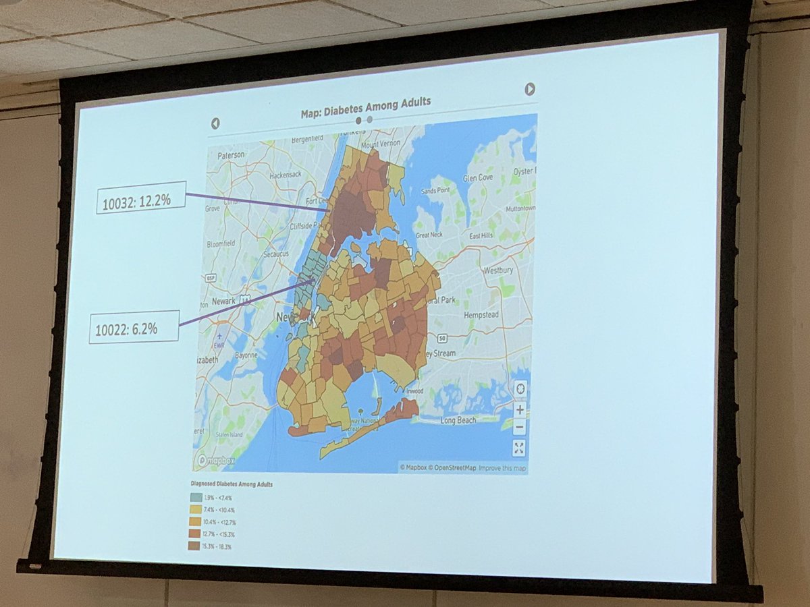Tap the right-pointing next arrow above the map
pos(530,89)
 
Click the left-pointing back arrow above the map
pos(215,123)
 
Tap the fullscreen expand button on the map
pos(518,448)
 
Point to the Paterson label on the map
pos(230,154)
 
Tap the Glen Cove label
pos(479,178)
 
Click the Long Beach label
pos(458,420)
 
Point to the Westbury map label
pos(498,270)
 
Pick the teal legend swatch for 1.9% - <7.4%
pos(194,497)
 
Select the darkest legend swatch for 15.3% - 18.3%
pos(193,546)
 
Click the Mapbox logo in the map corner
pos(215,461)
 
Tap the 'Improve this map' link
pos(503,467)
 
